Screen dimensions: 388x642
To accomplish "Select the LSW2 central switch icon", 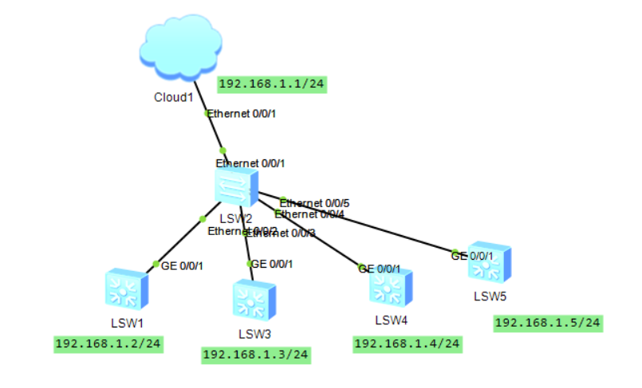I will tap(235, 186).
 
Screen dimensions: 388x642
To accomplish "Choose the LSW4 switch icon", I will tap(391, 288).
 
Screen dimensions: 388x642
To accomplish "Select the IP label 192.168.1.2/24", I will tap(108, 344).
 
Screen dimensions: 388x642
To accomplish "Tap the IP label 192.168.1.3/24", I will tap(256, 355).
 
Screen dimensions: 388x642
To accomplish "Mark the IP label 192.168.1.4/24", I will tap(407, 343).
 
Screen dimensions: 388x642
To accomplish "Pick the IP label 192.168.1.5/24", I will tap(548, 323).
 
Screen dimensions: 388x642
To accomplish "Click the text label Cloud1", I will tap(174, 97).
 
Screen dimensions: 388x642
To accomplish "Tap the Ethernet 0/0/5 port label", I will tap(315, 203).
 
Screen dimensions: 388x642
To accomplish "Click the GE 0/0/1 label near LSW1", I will tap(182, 266).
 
